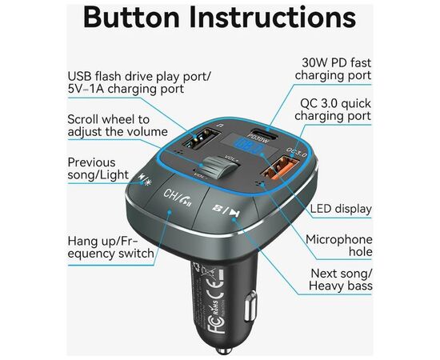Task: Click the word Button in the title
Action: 131,18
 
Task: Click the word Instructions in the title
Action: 273,18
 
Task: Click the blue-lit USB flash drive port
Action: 201,138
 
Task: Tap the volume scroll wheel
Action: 219,167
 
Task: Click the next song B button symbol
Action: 226,210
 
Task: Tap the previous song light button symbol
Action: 146,180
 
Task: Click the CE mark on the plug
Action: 214,288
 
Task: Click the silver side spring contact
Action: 250,306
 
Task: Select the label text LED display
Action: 341,209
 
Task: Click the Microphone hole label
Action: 339,246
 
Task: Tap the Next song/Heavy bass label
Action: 341,280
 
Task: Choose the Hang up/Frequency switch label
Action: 111,247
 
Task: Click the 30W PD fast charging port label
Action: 333,69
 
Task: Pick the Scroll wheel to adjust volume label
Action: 118,126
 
